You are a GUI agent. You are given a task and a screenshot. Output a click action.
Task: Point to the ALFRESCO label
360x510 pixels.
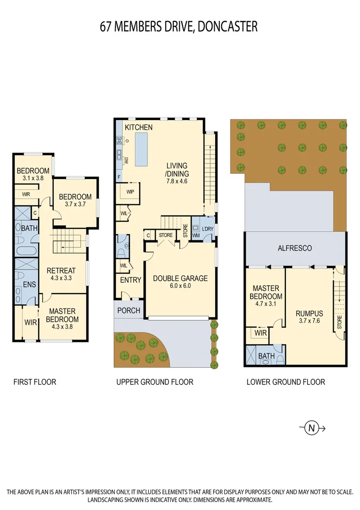pyautogui.click(x=294, y=248)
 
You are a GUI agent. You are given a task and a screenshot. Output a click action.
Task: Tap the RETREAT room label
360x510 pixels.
pyautogui.click(x=61, y=271)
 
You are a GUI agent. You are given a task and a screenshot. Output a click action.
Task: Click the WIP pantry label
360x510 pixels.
pyautogui.click(x=130, y=192)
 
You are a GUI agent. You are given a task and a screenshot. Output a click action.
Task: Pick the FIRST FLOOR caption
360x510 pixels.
pyautogui.click(x=34, y=382)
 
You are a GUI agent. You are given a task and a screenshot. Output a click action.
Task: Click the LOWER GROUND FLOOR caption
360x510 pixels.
pyautogui.click(x=285, y=382)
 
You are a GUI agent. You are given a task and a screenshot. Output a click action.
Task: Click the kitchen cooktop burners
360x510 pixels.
pyautogui.click(x=120, y=140)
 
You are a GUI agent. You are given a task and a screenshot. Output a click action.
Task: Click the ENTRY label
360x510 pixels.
pyautogui.click(x=131, y=280)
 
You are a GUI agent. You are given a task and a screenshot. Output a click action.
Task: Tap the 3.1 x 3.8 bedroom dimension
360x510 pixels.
pyautogui.click(x=33, y=178)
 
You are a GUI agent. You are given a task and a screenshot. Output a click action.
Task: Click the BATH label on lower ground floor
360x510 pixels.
pyautogui.click(x=266, y=356)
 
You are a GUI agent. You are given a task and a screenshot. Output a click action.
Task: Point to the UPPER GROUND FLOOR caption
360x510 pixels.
pyautogui.click(x=155, y=382)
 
